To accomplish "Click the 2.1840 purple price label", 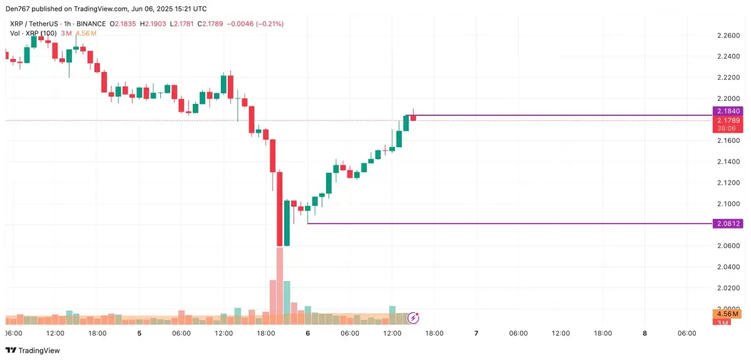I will click(x=727, y=111).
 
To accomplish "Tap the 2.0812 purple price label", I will click(x=727, y=224).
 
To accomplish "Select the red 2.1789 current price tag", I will click(x=727, y=120).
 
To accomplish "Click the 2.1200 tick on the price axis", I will click(x=727, y=183).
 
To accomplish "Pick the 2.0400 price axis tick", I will click(x=727, y=267).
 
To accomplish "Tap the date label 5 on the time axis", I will click(x=139, y=334).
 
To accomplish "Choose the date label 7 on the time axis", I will click(x=476, y=334).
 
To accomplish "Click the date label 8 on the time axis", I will click(x=645, y=334).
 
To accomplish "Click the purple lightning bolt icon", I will click(x=413, y=318).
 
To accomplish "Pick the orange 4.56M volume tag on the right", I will click(x=727, y=314).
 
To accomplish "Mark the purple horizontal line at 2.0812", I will click(x=501, y=224).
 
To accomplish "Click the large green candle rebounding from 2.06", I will click(x=287, y=223).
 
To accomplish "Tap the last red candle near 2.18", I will click(x=413, y=117).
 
